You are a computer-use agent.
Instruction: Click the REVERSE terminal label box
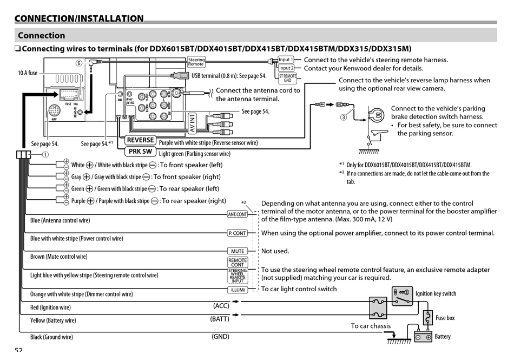click(141, 140)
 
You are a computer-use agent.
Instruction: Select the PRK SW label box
click(140, 152)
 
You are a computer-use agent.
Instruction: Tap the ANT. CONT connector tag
click(237, 214)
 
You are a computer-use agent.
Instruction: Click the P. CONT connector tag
click(237, 233)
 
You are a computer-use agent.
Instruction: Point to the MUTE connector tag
click(238, 251)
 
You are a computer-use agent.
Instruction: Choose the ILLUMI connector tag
click(238, 290)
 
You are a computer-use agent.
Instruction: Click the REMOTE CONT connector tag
click(238, 262)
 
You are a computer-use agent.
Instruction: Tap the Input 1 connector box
click(285, 60)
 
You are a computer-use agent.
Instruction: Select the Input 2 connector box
click(286, 68)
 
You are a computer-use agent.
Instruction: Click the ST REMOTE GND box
click(288, 78)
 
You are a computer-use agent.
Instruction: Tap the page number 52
click(18, 350)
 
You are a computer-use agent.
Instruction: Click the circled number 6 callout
click(78, 63)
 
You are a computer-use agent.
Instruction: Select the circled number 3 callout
click(343, 117)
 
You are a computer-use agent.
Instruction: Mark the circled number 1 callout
click(45, 154)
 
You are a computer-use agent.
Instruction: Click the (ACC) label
click(221, 306)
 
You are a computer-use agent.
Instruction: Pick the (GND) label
click(220, 336)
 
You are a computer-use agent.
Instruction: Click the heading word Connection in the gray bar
click(41, 36)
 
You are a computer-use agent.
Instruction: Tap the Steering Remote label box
click(196, 62)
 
